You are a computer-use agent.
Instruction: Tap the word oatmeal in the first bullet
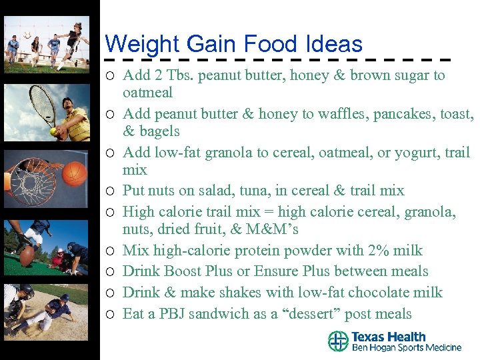pyautogui.click(x=147, y=93)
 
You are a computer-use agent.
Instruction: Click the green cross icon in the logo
pyautogui.click(x=338, y=341)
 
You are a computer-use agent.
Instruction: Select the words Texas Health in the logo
pyautogui.click(x=388, y=337)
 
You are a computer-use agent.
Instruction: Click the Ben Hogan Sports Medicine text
pyautogui.click(x=406, y=348)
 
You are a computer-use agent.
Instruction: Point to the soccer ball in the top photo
pyautogui.click(x=27, y=35)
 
